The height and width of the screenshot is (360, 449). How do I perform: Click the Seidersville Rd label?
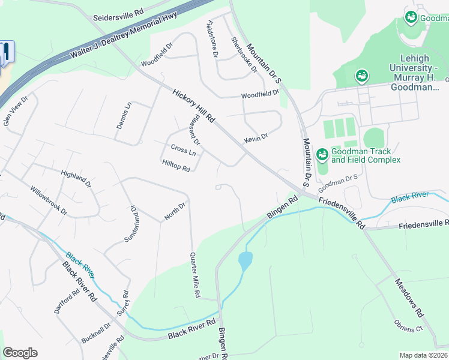118,14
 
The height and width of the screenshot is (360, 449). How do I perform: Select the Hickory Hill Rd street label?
193,106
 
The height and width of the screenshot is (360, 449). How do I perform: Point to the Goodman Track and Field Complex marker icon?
322,155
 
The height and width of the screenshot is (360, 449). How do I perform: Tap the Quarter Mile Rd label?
194,275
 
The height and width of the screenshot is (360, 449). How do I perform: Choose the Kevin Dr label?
256,139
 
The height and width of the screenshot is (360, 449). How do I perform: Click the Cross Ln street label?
183,149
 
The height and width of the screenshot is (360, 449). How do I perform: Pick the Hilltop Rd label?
176,165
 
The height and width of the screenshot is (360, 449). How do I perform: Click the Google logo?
20,353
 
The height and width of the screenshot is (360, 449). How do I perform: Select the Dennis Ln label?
124,115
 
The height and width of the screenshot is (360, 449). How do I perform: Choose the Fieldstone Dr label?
212,39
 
